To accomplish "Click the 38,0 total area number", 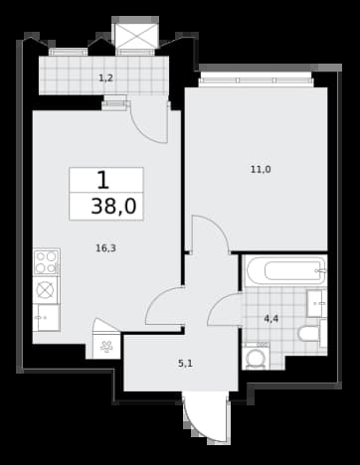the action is pos(113,207).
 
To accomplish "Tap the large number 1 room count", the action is pos(102,181).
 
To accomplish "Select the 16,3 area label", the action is pos(105,248).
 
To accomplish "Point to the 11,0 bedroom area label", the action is pos(261,170).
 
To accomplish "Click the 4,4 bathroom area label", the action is pos(270,319).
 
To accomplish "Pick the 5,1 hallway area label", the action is pos(185,364).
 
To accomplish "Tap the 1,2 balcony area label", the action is pos(106,78).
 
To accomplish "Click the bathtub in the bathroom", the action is pos(285,271).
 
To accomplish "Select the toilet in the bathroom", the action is pos(312,334).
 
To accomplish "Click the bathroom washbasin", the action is pos(316,304).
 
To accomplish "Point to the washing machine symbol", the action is pos(256,357).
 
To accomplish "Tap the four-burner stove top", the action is pos(47,262).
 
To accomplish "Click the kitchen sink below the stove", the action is pos(47,318).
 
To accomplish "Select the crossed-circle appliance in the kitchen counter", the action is pos(46,290).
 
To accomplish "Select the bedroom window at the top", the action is pos(257,80).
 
